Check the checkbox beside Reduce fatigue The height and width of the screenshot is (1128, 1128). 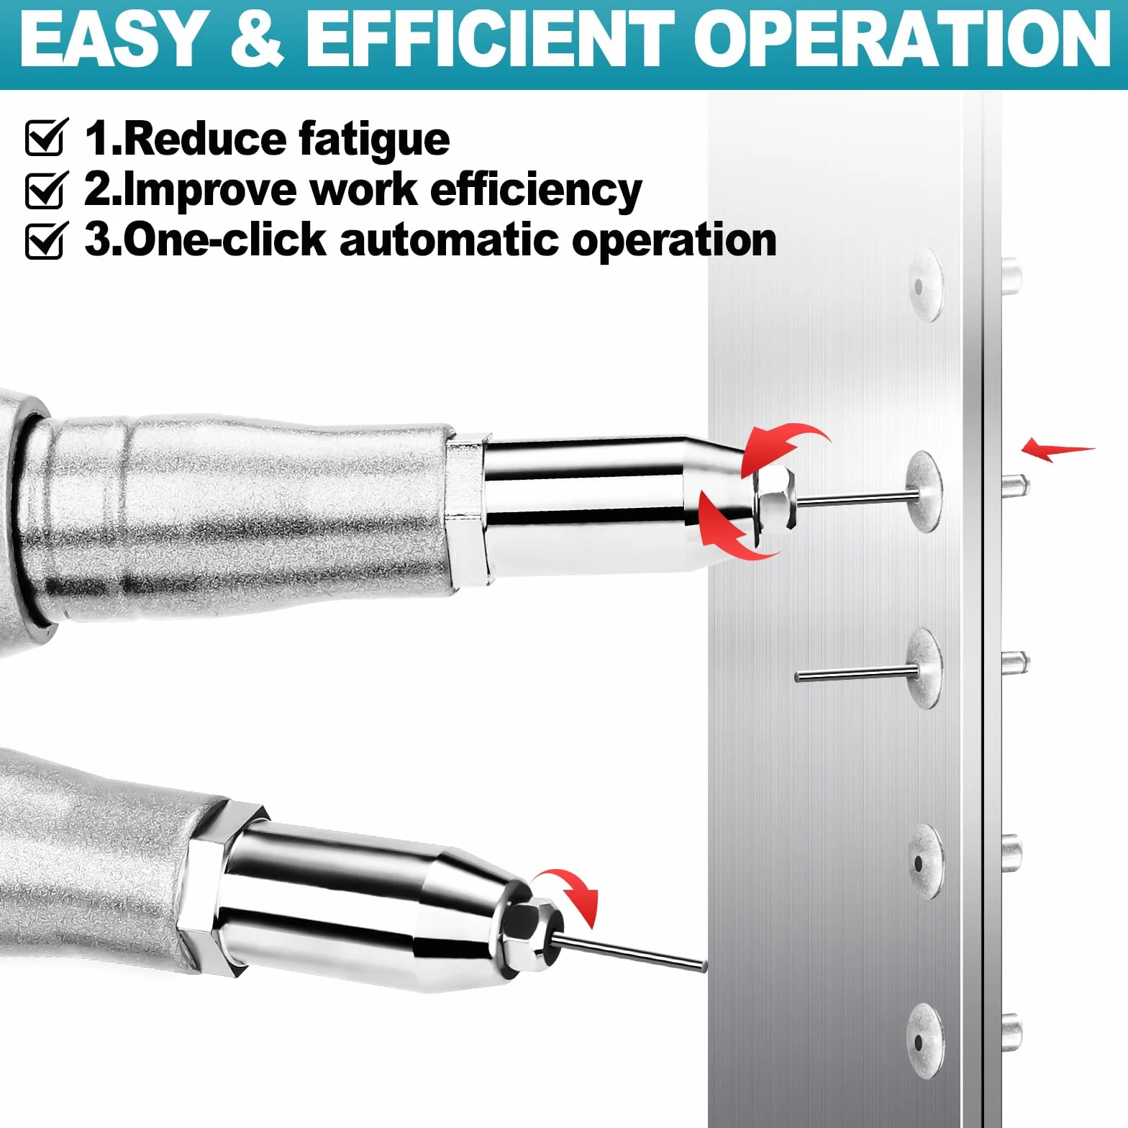coord(47,137)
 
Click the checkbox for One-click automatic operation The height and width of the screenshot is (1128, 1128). coord(47,240)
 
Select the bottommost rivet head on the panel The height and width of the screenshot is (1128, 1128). coord(924,1040)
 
